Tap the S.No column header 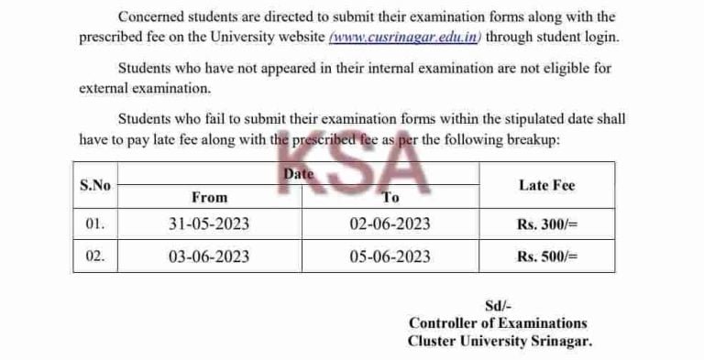point(95,185)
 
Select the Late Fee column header point(546,185)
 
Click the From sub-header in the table point(209,197)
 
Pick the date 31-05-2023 point(209,224)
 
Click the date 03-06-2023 point(209,256)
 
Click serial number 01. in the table point(95,224)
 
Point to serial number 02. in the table point(95,256)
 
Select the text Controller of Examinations point(498,323)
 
